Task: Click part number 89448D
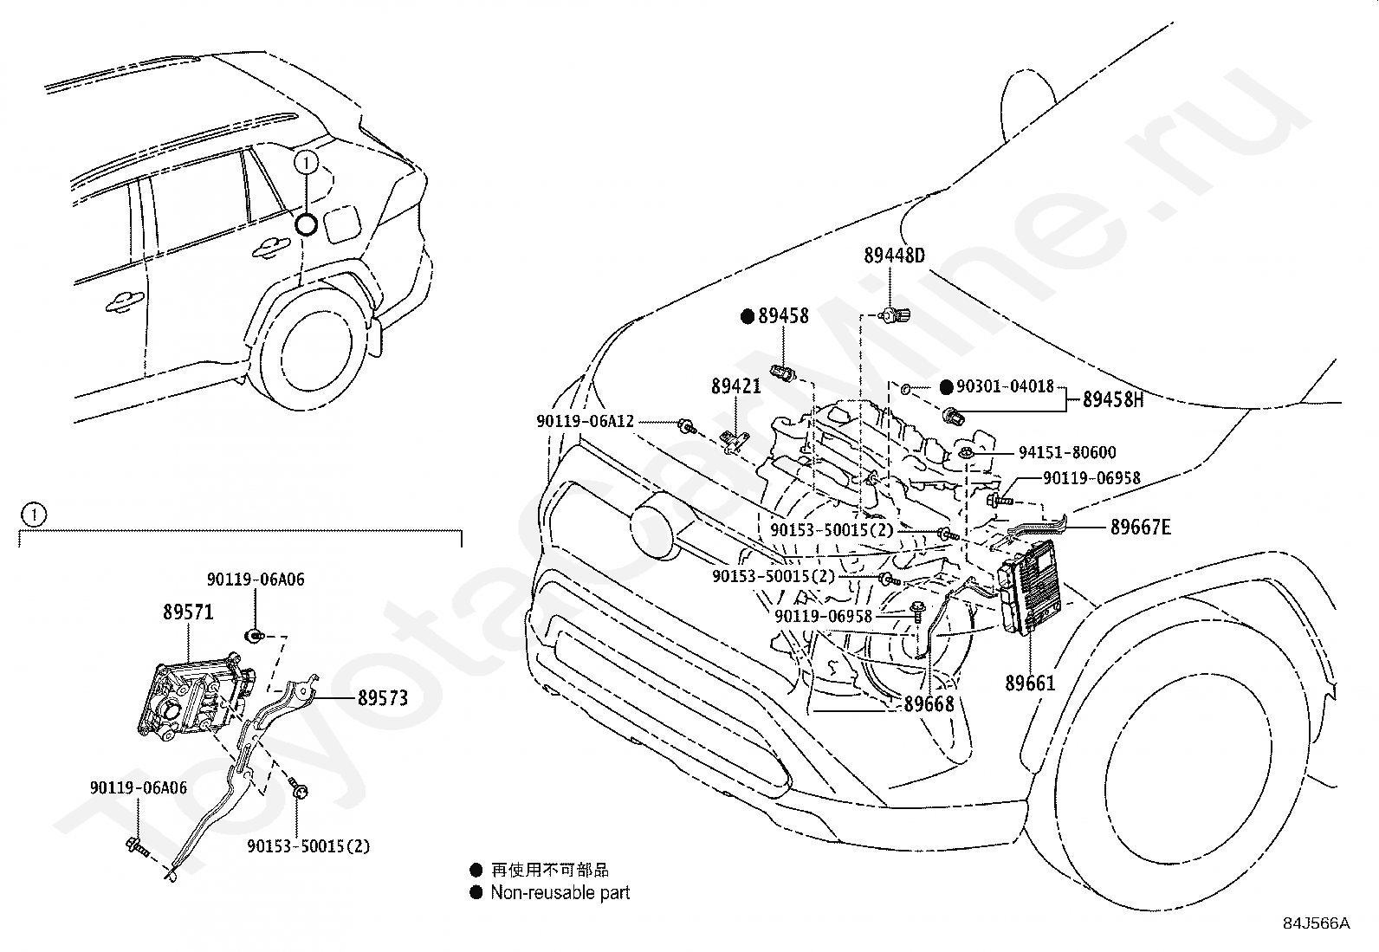tap(894, 255)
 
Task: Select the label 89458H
tap(1113, 399)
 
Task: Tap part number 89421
tap(735, 386)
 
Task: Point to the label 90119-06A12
tap(585, 421)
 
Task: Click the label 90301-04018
tap(1006, 386)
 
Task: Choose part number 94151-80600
tap(1067, 452)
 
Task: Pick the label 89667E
tap(1141, 528)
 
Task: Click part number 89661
tap(1030, 683)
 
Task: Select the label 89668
tap(929, 704)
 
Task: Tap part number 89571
tap(188, 612)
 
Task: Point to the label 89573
tap(383, 697)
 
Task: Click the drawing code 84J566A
tap(1317, 923)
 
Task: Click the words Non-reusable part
tap(560, 892)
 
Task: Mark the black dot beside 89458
tap(748, 316)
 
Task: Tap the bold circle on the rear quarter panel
tap(306, 225)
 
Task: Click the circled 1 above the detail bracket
tap(33, 515)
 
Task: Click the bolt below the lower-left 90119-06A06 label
tap(137, 847)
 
